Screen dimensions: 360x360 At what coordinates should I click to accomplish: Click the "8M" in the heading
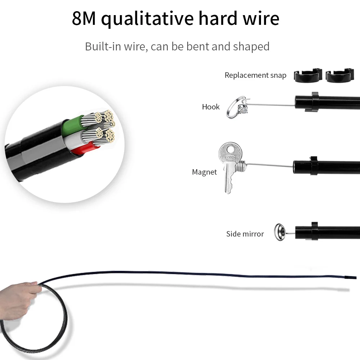tap(84, 19)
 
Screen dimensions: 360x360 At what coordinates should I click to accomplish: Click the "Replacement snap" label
tap(255, 75)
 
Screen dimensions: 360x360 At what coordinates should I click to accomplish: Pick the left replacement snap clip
tap(307, 75)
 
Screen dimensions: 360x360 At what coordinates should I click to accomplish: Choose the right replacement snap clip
tap(339, 75)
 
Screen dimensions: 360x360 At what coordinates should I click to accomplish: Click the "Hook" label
tap(211, 107)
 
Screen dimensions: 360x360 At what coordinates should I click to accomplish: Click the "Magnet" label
tap(204, 172)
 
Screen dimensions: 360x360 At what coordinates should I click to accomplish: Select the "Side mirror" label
tap(245, 234)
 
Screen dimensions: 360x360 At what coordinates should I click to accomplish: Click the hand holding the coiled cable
tap(18, 301)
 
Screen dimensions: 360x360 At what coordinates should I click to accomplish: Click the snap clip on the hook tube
tap(313, 102)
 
